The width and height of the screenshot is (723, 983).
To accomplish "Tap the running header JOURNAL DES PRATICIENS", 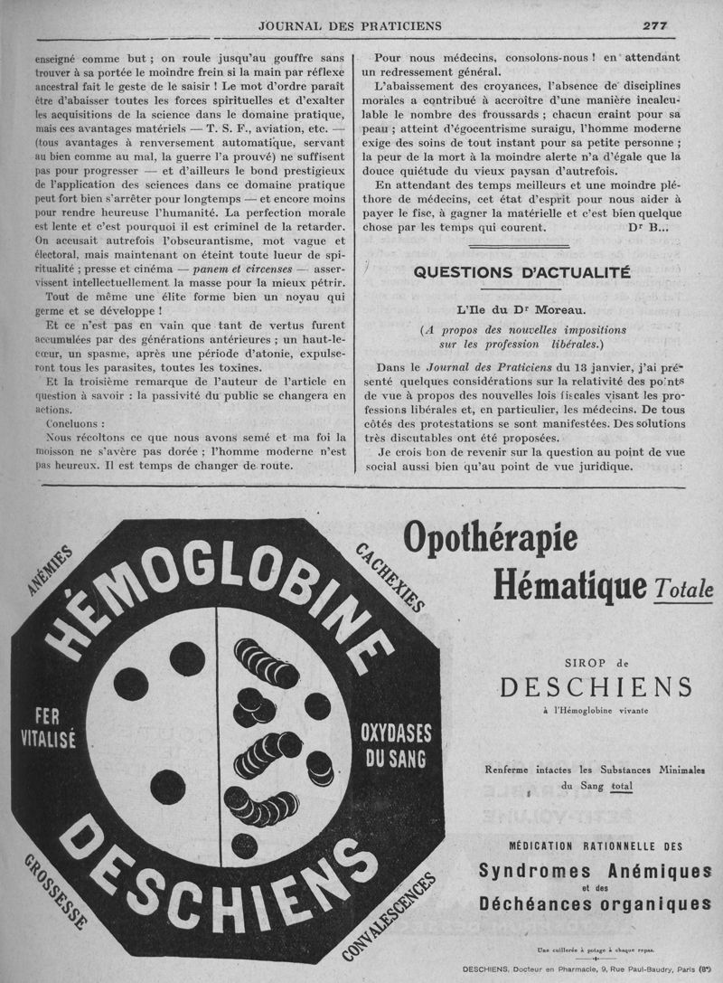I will pyautogui.click(x=361, y=25).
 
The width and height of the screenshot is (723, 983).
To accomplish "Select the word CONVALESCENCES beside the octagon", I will pyautogui.click(x=390, y=913).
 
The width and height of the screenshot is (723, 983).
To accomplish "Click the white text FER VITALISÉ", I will pyautogui.click(x=48, y=726).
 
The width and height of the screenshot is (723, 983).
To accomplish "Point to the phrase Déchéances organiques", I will pyautogui.click(x=595, y=903).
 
